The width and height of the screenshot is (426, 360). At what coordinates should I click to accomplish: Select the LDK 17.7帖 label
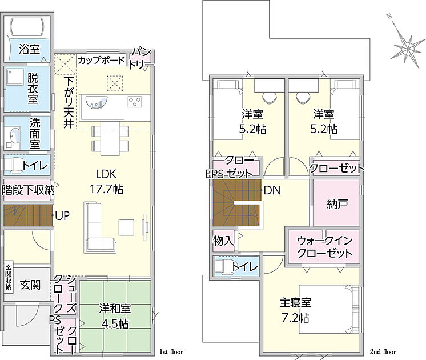106,181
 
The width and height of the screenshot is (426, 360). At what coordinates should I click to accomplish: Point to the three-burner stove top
135,102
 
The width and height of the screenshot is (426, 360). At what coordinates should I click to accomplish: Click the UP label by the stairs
62,216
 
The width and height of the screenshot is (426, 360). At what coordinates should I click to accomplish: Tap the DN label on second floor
272,190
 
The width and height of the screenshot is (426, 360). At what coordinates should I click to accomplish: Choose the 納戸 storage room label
337,204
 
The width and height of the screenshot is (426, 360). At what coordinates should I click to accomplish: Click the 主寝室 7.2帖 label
295,310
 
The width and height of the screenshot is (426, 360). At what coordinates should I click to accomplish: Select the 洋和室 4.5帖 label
115,316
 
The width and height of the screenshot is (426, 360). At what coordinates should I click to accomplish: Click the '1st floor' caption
171,352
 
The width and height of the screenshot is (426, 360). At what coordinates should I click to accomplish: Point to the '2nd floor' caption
383,352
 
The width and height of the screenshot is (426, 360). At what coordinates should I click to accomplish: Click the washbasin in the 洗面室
14,135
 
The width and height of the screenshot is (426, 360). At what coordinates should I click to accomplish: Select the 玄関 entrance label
30,285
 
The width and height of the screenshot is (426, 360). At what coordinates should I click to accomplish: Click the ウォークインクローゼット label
324,247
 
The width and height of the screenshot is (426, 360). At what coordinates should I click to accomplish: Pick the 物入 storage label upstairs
223,241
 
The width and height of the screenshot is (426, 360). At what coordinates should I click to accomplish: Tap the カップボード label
101,60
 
